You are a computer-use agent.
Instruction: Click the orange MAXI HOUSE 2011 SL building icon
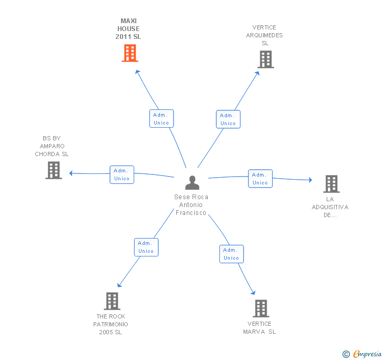click(130, 53)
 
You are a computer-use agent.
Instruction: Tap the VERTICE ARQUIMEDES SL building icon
click(266, 59)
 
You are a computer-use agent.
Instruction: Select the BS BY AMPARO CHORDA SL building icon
click(54, 170)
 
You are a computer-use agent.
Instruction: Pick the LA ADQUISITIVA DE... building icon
click(331, 184)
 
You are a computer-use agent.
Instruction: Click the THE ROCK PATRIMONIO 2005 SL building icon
click(112, 301)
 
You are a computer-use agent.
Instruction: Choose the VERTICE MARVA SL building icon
click(261, 308)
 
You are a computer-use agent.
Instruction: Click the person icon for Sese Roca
click(192, 182)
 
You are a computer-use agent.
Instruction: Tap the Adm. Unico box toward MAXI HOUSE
click(162, 119)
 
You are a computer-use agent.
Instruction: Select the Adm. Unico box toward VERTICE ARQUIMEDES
click(228, 119)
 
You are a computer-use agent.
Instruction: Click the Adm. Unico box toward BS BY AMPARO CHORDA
click(122, 174)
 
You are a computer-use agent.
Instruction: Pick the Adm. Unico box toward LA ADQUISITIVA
click(260, 178)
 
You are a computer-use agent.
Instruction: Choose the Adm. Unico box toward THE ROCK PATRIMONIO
click(146, 247)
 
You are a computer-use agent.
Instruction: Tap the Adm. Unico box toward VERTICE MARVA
click(231, 254)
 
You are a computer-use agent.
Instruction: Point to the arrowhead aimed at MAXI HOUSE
click(137, 72)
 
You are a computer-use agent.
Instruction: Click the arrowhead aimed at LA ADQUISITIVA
click(310, 180)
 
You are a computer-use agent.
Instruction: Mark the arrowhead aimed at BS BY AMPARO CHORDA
click(71, 173)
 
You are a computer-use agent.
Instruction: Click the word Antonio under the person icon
click(191, 205)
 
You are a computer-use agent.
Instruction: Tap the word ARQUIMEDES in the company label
click(264, 35)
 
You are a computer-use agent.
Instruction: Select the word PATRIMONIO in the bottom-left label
click(110, 324)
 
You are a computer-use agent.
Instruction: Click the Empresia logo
click(362, 354)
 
